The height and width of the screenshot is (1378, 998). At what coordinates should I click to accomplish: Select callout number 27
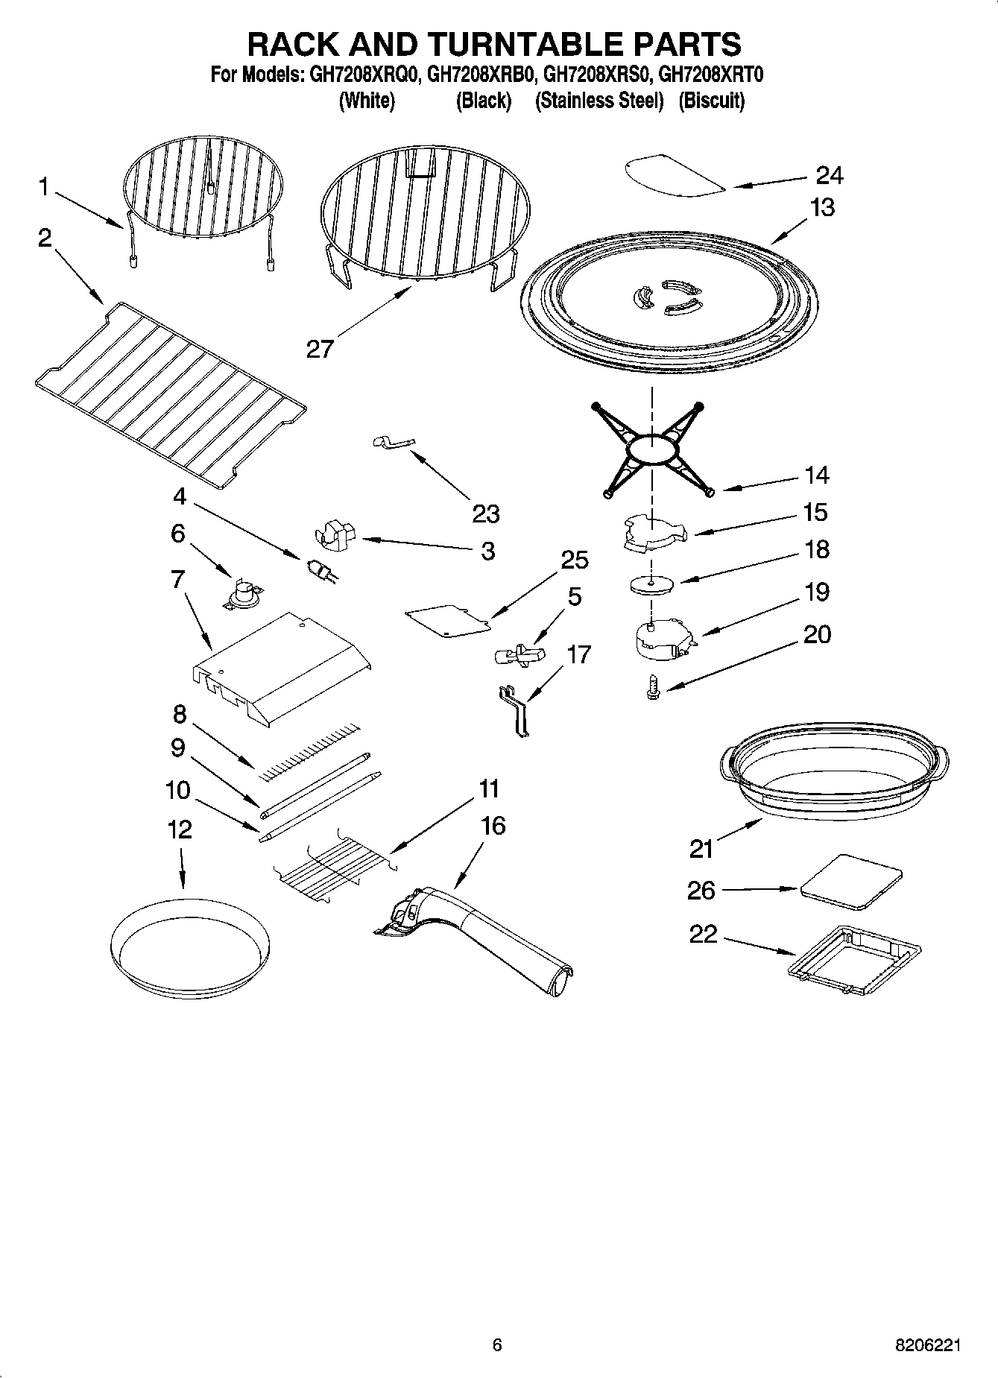tap(320, 348)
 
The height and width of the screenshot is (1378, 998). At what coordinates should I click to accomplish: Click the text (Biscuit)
tap(711, 101)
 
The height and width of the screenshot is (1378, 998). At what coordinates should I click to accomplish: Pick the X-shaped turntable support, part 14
tap(652, 449)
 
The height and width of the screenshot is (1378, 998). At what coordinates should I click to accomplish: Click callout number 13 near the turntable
tap(822, 207)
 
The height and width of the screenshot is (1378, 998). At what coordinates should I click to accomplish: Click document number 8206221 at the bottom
tap(927, 1345)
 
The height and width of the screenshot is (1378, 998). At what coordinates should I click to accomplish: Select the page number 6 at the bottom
tap(497, 1345)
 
